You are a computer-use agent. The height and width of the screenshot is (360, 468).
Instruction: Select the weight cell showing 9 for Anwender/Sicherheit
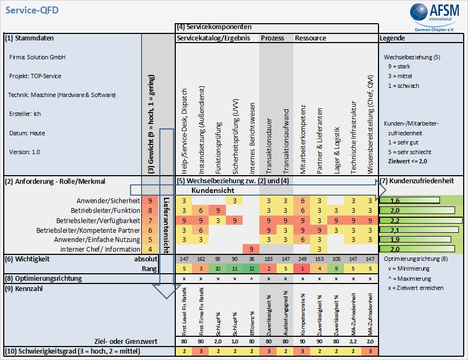tap(149, 200)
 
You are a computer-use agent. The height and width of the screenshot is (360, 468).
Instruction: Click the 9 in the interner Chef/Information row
tap(251, 248)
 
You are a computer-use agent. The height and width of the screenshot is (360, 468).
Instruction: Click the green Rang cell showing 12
tap(251, 268)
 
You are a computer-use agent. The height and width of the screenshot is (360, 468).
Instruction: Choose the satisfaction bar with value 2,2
tap(421, 221)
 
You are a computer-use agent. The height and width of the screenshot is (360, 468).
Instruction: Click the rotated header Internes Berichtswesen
tap(252, 140)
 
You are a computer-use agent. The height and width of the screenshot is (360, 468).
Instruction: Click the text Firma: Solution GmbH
tap(38, 57)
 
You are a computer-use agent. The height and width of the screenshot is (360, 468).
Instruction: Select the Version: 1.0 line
tap(24, 152)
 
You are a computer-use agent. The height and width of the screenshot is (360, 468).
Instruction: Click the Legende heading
tap(392, 38)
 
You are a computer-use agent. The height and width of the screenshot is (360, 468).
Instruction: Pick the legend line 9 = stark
tap(400, 66)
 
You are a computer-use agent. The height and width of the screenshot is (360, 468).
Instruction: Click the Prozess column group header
tap(272, 38)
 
